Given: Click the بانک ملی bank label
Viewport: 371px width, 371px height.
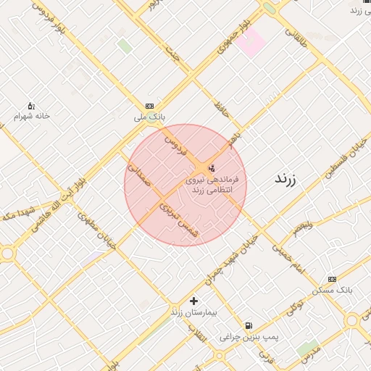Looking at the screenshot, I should point(150,116).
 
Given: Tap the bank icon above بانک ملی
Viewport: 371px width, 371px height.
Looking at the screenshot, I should point(150,106).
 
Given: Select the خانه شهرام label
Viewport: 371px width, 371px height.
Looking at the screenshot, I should point(32,116).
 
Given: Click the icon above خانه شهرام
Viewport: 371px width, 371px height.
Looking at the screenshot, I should point(31,106).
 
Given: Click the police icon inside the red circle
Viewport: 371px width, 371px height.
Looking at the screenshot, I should point(211,168).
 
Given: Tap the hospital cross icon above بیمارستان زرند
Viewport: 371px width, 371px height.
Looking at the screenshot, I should point(193,301).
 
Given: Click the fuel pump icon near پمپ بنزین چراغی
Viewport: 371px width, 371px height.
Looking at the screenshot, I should point(249,326).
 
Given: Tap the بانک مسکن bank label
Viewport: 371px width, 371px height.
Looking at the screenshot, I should point(332,290).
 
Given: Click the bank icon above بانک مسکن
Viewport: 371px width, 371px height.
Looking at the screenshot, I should point(332,279).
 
